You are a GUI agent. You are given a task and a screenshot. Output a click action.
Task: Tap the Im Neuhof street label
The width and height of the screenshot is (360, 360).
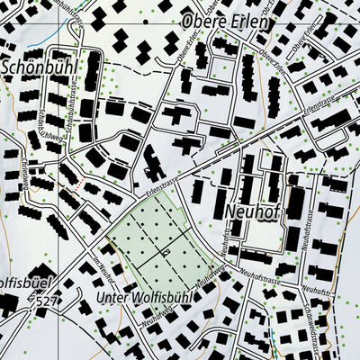pos(104,267)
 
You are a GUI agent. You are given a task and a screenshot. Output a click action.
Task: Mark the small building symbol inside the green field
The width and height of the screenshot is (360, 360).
pos(166,254)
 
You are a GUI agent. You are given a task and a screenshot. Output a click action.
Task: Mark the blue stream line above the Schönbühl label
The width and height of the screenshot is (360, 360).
pos(59,31)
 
